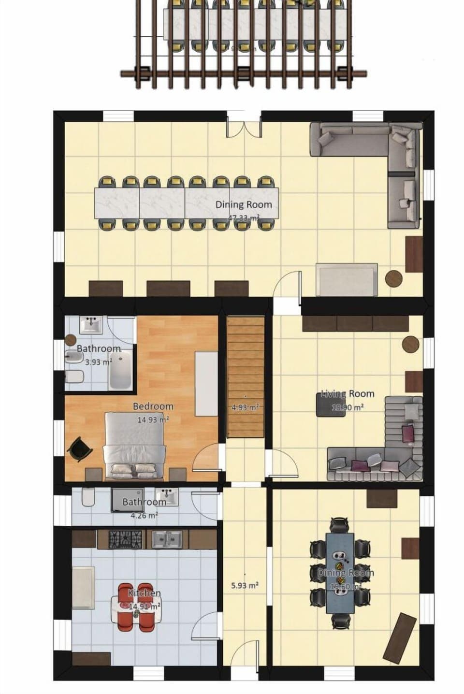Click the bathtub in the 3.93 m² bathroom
click(120, 370)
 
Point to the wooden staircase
click(246, 377)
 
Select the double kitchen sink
click(167, 539)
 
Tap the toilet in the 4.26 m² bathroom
click(88, 497)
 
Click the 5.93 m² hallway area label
click(245, 585)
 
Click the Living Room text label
click(348, 394)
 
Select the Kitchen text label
click(145, 593)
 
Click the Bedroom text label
click(153, 406)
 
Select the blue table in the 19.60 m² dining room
click(340, 573)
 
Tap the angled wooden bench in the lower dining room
click(400, 637)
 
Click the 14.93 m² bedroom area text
click(153, 419)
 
